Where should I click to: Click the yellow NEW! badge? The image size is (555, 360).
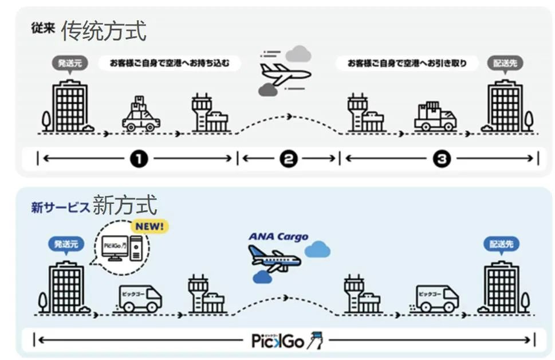(149, 226)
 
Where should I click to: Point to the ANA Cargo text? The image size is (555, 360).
(278, 237)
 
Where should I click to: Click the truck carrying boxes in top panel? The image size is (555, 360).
(435, 116)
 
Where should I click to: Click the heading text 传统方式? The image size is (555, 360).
(104, 31)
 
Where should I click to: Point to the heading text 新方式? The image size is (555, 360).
(124, 205)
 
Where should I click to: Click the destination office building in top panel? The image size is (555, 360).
(505, 107)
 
